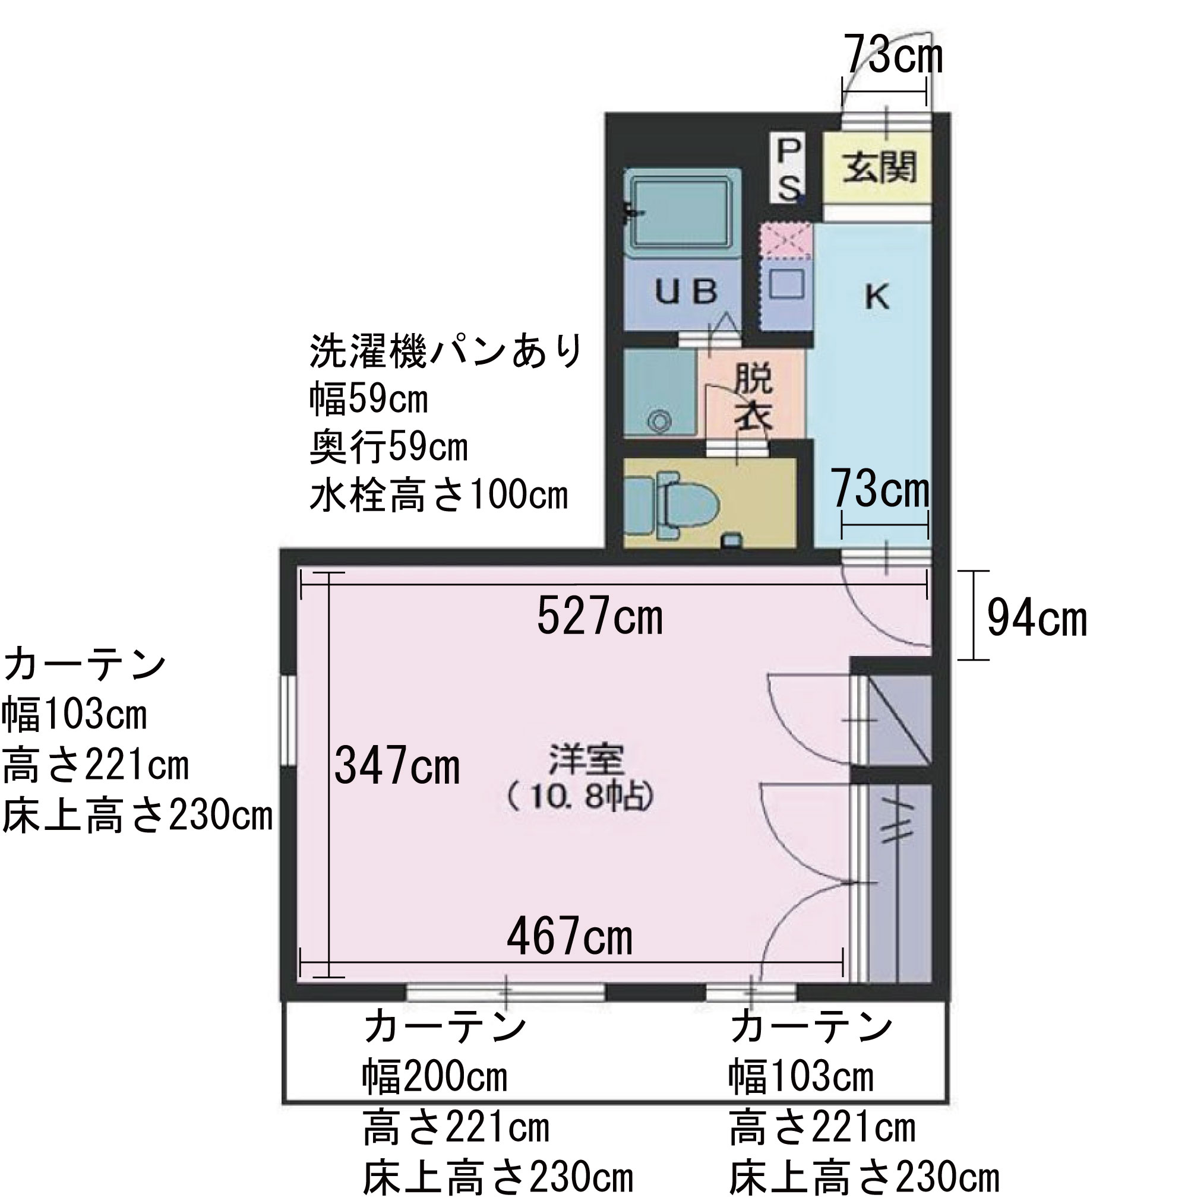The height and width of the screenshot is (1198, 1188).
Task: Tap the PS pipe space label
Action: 788,169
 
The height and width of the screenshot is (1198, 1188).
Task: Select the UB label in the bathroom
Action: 685,291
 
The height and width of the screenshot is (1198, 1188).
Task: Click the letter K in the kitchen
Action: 877,298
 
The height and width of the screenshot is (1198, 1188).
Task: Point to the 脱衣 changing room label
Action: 753,397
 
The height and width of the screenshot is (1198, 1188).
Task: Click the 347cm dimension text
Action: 397,766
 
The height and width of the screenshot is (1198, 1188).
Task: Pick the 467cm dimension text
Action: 570,936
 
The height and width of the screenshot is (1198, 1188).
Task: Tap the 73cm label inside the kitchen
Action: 880,490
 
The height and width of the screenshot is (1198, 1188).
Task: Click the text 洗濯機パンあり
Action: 445,351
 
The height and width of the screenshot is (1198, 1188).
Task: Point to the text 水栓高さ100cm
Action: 438,495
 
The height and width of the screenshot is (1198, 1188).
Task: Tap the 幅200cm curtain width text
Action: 434,1077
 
